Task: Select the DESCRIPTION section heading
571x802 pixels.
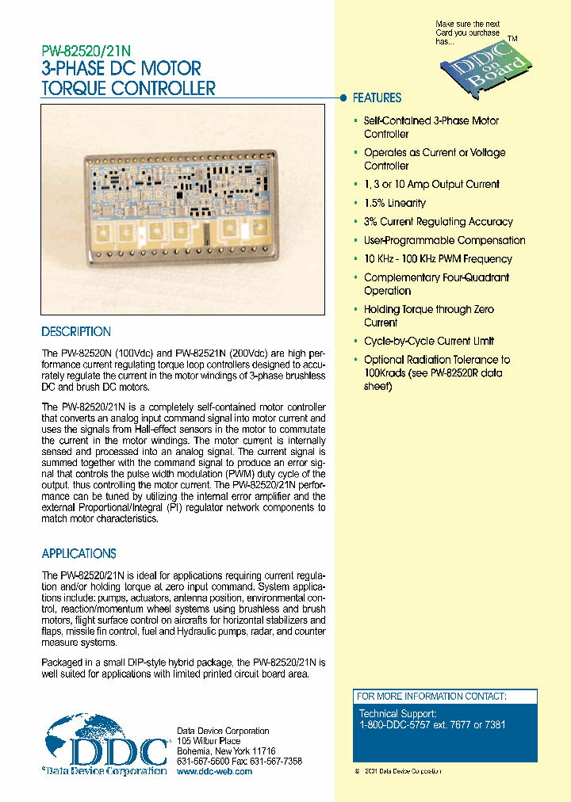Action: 76,332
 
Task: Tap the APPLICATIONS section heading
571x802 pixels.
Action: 79,554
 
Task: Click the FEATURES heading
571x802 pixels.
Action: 377,98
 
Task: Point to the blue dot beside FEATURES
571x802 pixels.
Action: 343,98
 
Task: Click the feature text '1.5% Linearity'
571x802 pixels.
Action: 394,203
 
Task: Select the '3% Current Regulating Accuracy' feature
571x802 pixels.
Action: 438,222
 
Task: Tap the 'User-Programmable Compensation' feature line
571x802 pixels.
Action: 444,240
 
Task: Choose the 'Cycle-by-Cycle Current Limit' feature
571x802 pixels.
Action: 429,341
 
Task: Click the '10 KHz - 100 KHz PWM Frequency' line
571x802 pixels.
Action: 438,259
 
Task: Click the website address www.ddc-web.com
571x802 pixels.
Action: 214,771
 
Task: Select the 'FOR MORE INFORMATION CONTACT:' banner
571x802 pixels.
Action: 431,696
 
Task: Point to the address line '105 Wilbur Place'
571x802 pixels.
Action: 208,740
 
